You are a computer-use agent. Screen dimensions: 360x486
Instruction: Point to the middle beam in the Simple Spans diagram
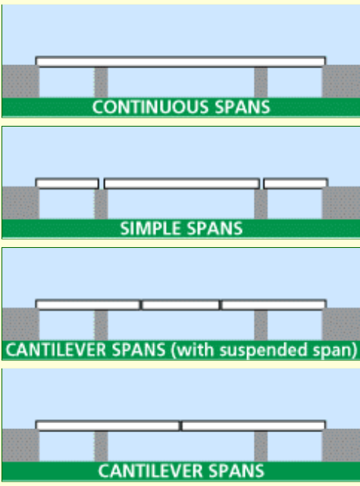(x=182, y=183)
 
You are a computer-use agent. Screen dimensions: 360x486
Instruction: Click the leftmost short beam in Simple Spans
(x=67, y=183)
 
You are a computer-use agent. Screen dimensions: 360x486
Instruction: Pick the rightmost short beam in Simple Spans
(x=296, y=183)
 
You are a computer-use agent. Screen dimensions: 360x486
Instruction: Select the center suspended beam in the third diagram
(x=180, y=305)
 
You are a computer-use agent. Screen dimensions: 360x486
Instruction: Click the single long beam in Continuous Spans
(x=180, y=61)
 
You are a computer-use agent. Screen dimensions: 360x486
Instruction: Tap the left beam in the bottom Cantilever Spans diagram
(x=108, y=426)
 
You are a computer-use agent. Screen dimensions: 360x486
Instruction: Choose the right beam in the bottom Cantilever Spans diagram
(x=253, y=426)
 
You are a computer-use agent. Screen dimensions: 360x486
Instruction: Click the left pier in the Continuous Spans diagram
(x=101, y=83)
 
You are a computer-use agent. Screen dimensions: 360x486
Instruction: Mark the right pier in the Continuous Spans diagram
(x=261, y=83)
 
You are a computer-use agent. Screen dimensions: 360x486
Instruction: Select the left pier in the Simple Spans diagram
(x=101, y=204)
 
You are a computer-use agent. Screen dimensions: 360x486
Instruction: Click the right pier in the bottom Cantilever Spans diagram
(x=261, y=447)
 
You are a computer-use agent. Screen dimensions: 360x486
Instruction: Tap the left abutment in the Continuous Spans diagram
(x=20, y=81)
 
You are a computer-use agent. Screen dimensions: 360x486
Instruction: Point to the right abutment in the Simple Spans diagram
(x=341, y=203)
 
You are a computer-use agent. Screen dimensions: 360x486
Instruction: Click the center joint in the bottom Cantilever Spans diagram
(x=180, y=426)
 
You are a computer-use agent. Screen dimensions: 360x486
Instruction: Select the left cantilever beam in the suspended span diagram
(x=88, y=305)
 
